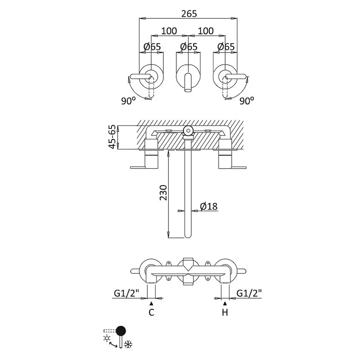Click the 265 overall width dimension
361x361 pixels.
click(189, 14)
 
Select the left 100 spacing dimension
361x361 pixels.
click(169, 31)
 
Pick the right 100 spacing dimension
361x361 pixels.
click(206, 31)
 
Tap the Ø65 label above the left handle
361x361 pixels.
click(152, 47)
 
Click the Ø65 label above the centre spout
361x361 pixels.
click(189, 47)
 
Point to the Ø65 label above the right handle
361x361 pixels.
click(226, 47)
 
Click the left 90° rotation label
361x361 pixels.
click(128, 101)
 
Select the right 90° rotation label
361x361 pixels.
click(247, 101)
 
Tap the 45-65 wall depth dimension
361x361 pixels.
click(112, 137)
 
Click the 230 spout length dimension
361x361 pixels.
click(163, 193)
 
